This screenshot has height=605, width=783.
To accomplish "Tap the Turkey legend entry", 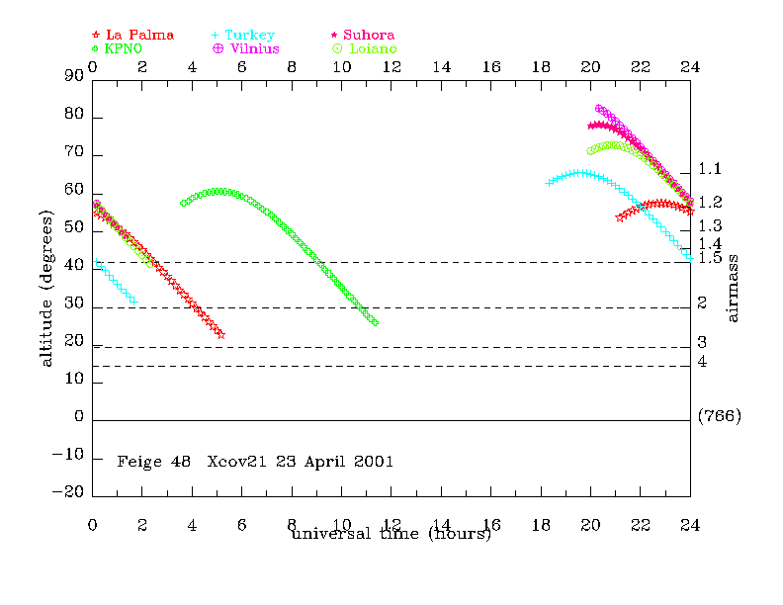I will click(247, 35).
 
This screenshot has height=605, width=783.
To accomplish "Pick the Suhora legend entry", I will click(367, 35).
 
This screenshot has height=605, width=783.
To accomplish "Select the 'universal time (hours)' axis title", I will click(391, 535).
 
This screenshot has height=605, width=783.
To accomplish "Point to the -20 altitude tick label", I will click(69, 495).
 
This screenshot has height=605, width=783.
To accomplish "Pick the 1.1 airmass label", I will click(710, 169).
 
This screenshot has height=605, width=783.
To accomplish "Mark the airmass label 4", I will click(702, 363).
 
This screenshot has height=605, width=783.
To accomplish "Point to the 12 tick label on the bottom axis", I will click(391, 525).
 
